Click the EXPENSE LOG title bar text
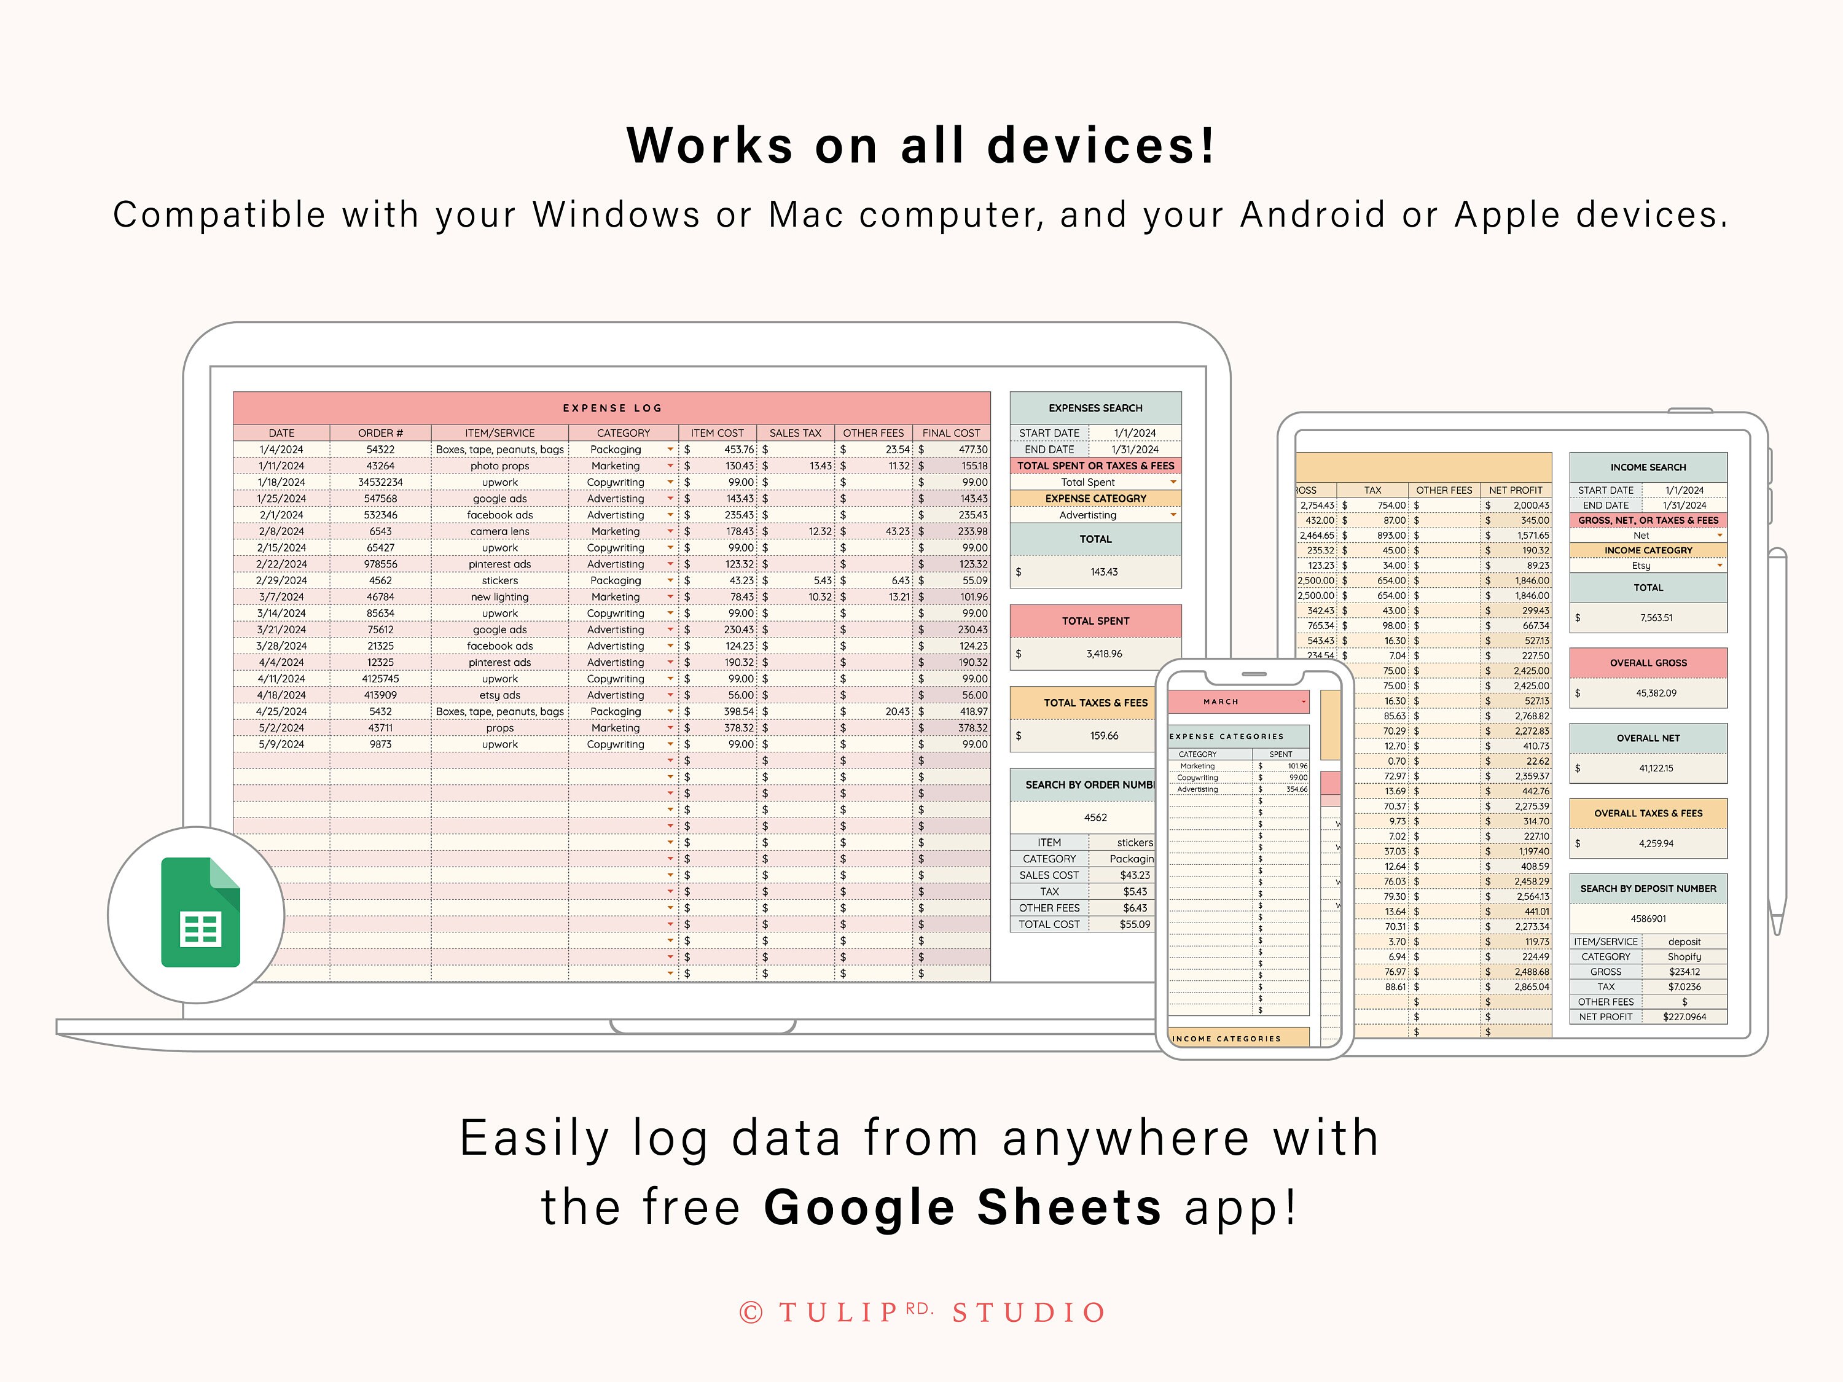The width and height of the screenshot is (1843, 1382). (611, 408)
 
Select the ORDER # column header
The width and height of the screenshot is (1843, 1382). (380, 433)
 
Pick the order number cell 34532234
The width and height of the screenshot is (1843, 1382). (380, 482)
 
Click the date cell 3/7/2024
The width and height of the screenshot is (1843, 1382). (281, 597)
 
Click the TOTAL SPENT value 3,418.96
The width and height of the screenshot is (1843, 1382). (1103, 654)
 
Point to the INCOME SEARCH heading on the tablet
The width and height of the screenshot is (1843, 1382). (1647, 467)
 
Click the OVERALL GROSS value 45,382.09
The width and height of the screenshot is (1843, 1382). (1656, 693)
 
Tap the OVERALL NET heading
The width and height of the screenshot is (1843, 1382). (1647, 738)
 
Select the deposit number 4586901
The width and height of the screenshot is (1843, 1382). (1647, 919)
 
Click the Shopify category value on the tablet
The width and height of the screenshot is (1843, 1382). (1683, 957)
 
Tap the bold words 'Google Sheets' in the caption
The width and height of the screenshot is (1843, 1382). (962, 1207)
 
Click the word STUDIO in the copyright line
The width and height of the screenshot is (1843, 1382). (1029, 1313)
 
